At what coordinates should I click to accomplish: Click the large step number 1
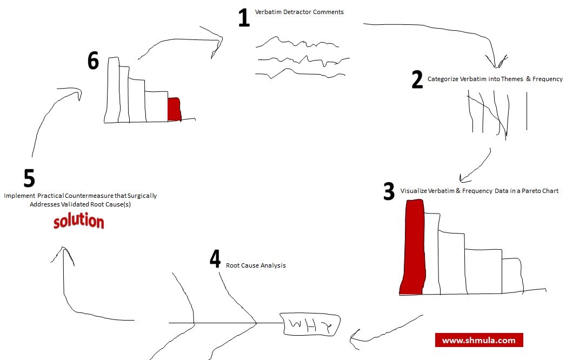pos(244,18)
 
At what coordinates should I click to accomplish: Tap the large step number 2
pos(417,80)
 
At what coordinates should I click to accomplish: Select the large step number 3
pos(389,192)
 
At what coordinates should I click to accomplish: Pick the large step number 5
pos(29,178)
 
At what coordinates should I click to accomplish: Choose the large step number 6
pos(93,62)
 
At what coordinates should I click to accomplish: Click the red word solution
pos(79,222)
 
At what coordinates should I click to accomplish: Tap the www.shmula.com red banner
pos(479,340)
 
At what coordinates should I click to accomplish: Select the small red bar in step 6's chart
pos(174,109)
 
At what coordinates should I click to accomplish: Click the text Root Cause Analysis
pos(256,265)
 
